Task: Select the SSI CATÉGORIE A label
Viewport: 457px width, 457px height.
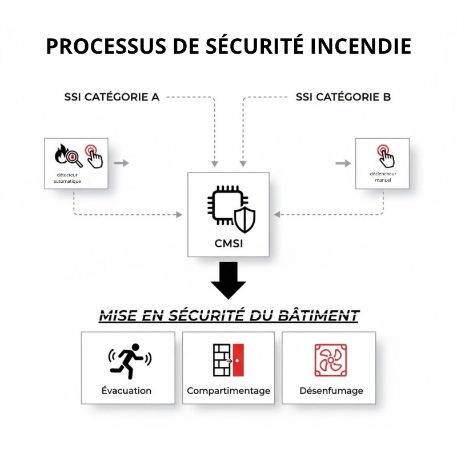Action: pos(112,97)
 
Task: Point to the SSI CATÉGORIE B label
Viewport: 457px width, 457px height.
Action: pos(343,97)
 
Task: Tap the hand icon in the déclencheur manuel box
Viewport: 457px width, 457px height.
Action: pos(384,154)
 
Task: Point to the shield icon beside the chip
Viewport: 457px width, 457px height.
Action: pos(244,221)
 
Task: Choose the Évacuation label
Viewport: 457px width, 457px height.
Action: pos(126,391)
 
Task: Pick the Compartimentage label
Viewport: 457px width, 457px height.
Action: pos(228,391)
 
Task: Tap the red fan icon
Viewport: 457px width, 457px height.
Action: pos(331,359)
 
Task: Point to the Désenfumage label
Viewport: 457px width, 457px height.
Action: pos(331,391)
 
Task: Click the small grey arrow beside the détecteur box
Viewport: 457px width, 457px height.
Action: pos(121,163)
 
